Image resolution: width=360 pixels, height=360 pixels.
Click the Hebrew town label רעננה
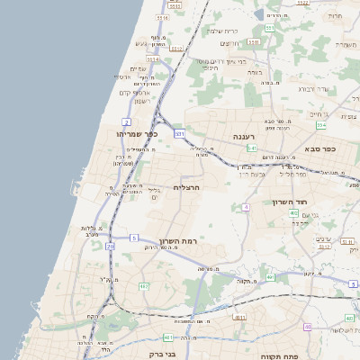(246, 137)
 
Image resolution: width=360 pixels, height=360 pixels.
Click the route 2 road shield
(127, 120)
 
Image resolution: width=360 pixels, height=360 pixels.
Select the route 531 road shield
(179, 133)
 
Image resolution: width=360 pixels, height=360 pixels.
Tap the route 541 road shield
(253, 148)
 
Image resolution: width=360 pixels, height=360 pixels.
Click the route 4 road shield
(246, 208)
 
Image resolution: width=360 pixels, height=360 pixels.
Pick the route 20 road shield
(110, 245)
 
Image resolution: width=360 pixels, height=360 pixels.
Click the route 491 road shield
(168, 337)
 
